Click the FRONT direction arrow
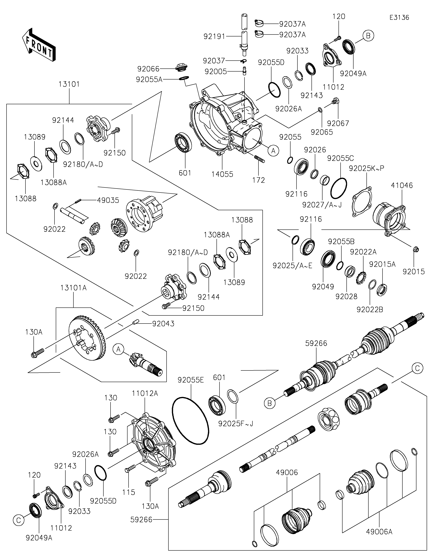[39, 45]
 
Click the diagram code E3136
[399, 18]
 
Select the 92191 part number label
[214, 37]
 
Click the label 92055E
[191, 380]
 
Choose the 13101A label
[74, 288]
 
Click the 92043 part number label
[163, 324]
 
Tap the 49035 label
[108, 200]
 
